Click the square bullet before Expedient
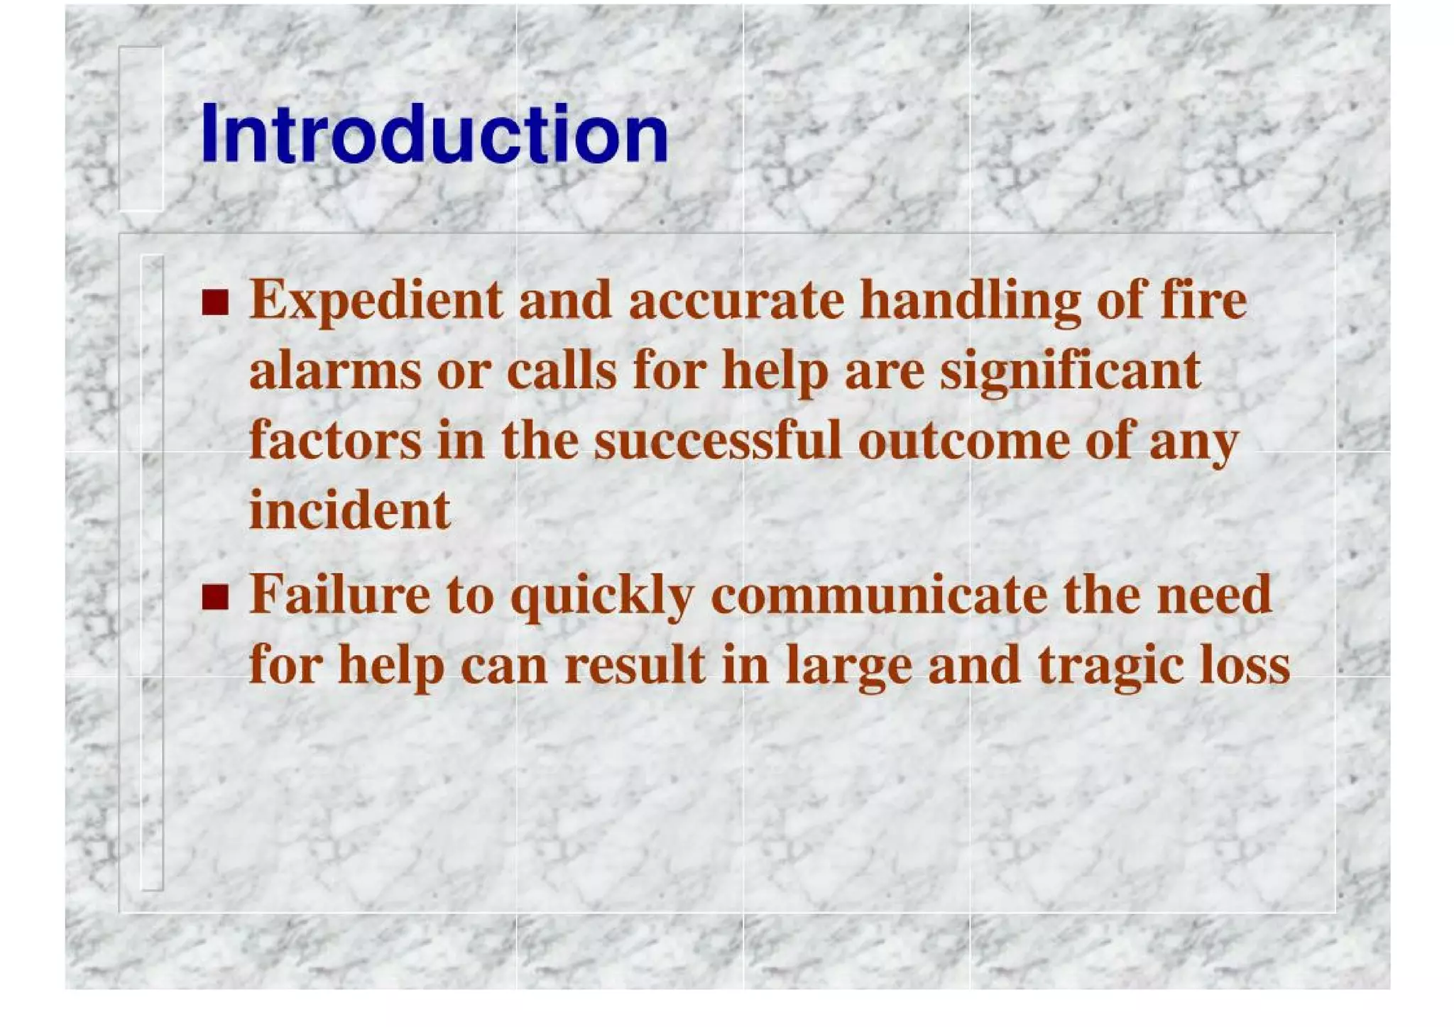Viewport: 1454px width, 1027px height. (215, 302)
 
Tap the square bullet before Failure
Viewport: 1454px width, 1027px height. (215, 597)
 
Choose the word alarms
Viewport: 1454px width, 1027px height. (335, 372)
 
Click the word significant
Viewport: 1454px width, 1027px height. (1070, 372)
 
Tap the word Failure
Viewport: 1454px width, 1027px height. (339, 595)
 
